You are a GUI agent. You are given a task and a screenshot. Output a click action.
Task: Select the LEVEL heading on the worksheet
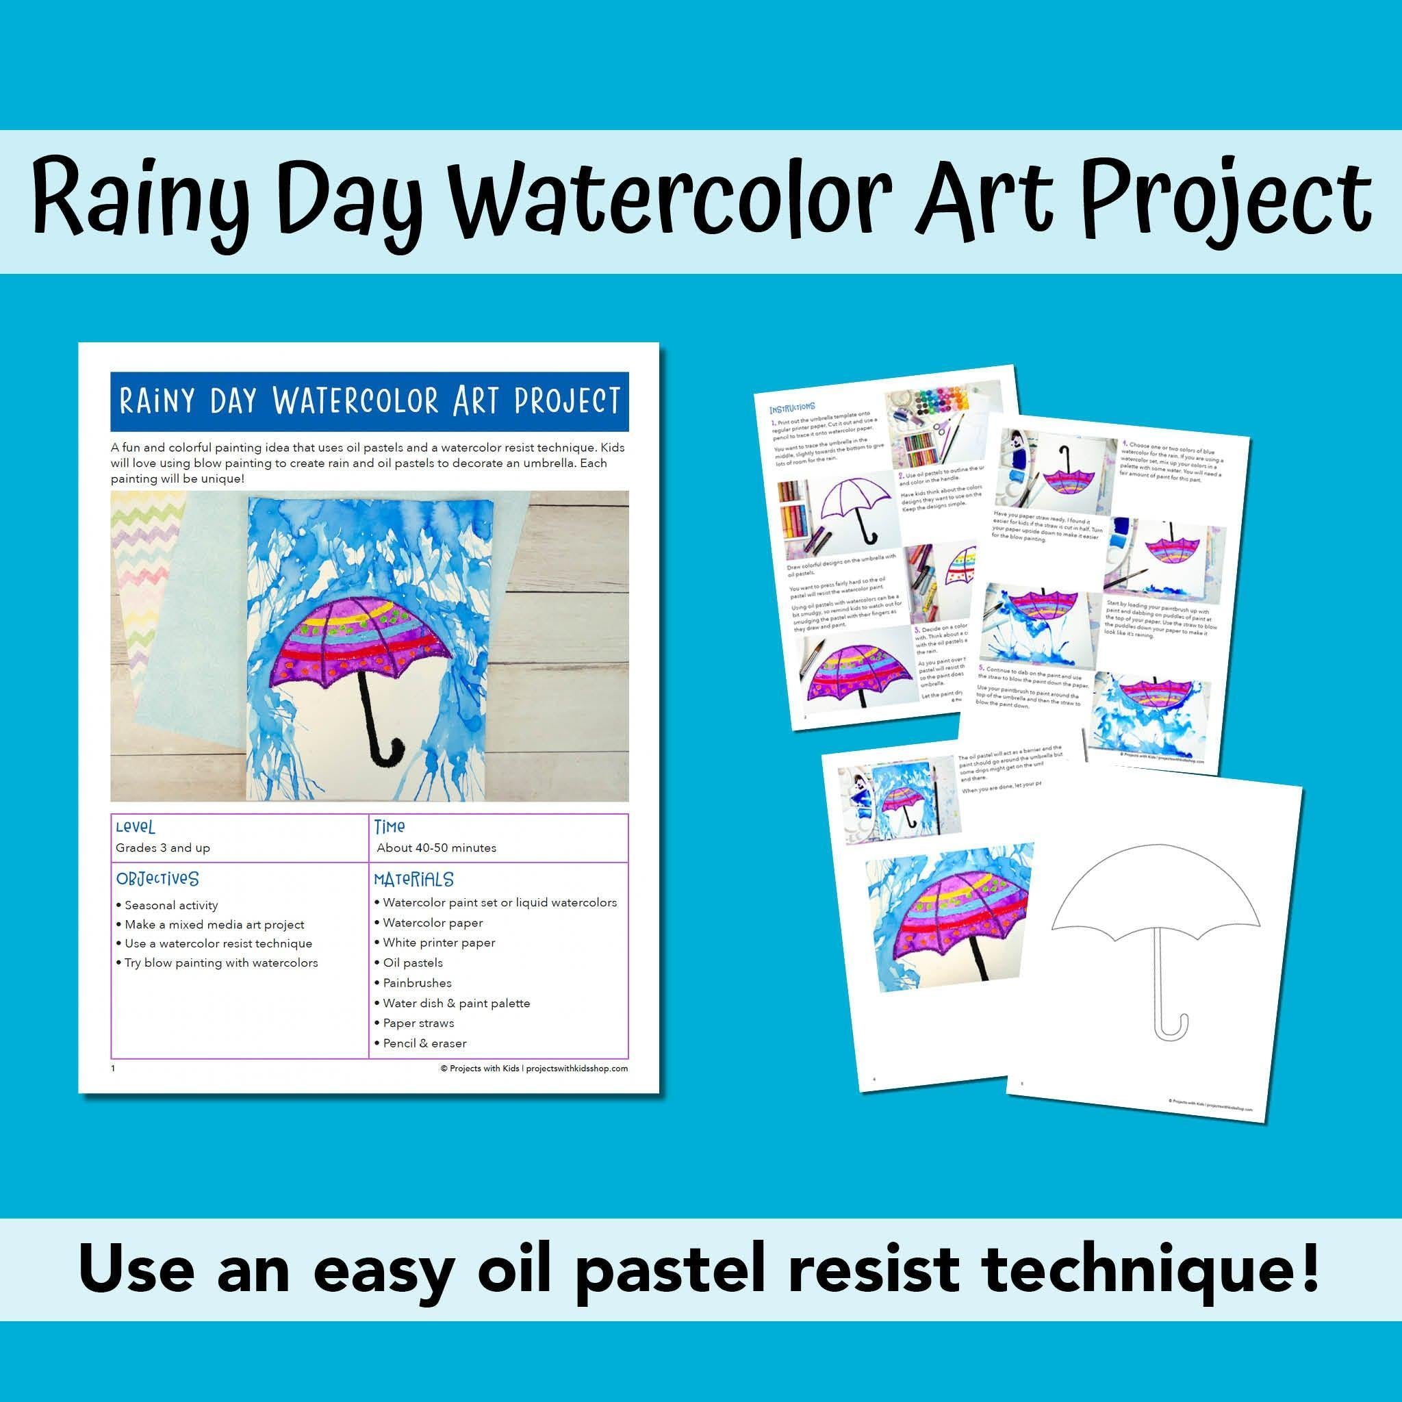(135, 827)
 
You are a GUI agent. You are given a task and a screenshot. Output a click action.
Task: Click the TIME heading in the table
(390, 826)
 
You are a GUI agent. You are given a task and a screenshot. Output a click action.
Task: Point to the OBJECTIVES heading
(157, 879)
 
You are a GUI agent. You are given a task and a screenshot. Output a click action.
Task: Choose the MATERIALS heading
(413, 880)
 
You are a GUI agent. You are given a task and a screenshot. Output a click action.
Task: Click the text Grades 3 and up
(162, 847)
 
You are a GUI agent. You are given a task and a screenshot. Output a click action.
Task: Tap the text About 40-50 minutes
(436, 847)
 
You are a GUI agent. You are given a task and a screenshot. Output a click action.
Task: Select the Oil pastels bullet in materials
(412, 963)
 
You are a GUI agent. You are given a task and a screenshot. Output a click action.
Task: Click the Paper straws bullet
(418, 1023)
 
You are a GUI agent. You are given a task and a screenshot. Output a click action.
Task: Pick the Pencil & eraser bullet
(424, 1043)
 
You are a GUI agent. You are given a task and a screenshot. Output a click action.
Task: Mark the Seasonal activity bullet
(170, 906)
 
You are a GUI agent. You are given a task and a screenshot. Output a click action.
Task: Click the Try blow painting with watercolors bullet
(220, 963)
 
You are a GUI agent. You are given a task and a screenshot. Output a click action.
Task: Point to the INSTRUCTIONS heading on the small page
(793, 408)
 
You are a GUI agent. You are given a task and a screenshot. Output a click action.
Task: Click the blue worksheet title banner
(370, 401)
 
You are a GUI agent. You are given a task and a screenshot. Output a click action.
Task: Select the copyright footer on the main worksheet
(533, 1068)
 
